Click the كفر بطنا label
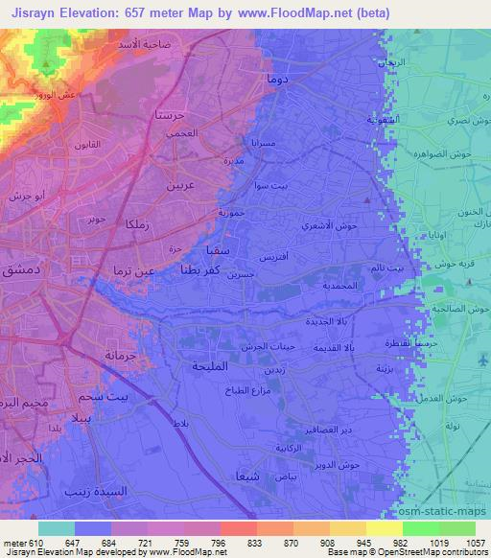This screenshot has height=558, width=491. (x=203, y=271)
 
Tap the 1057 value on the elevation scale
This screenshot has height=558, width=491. (x=475, y=543)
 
